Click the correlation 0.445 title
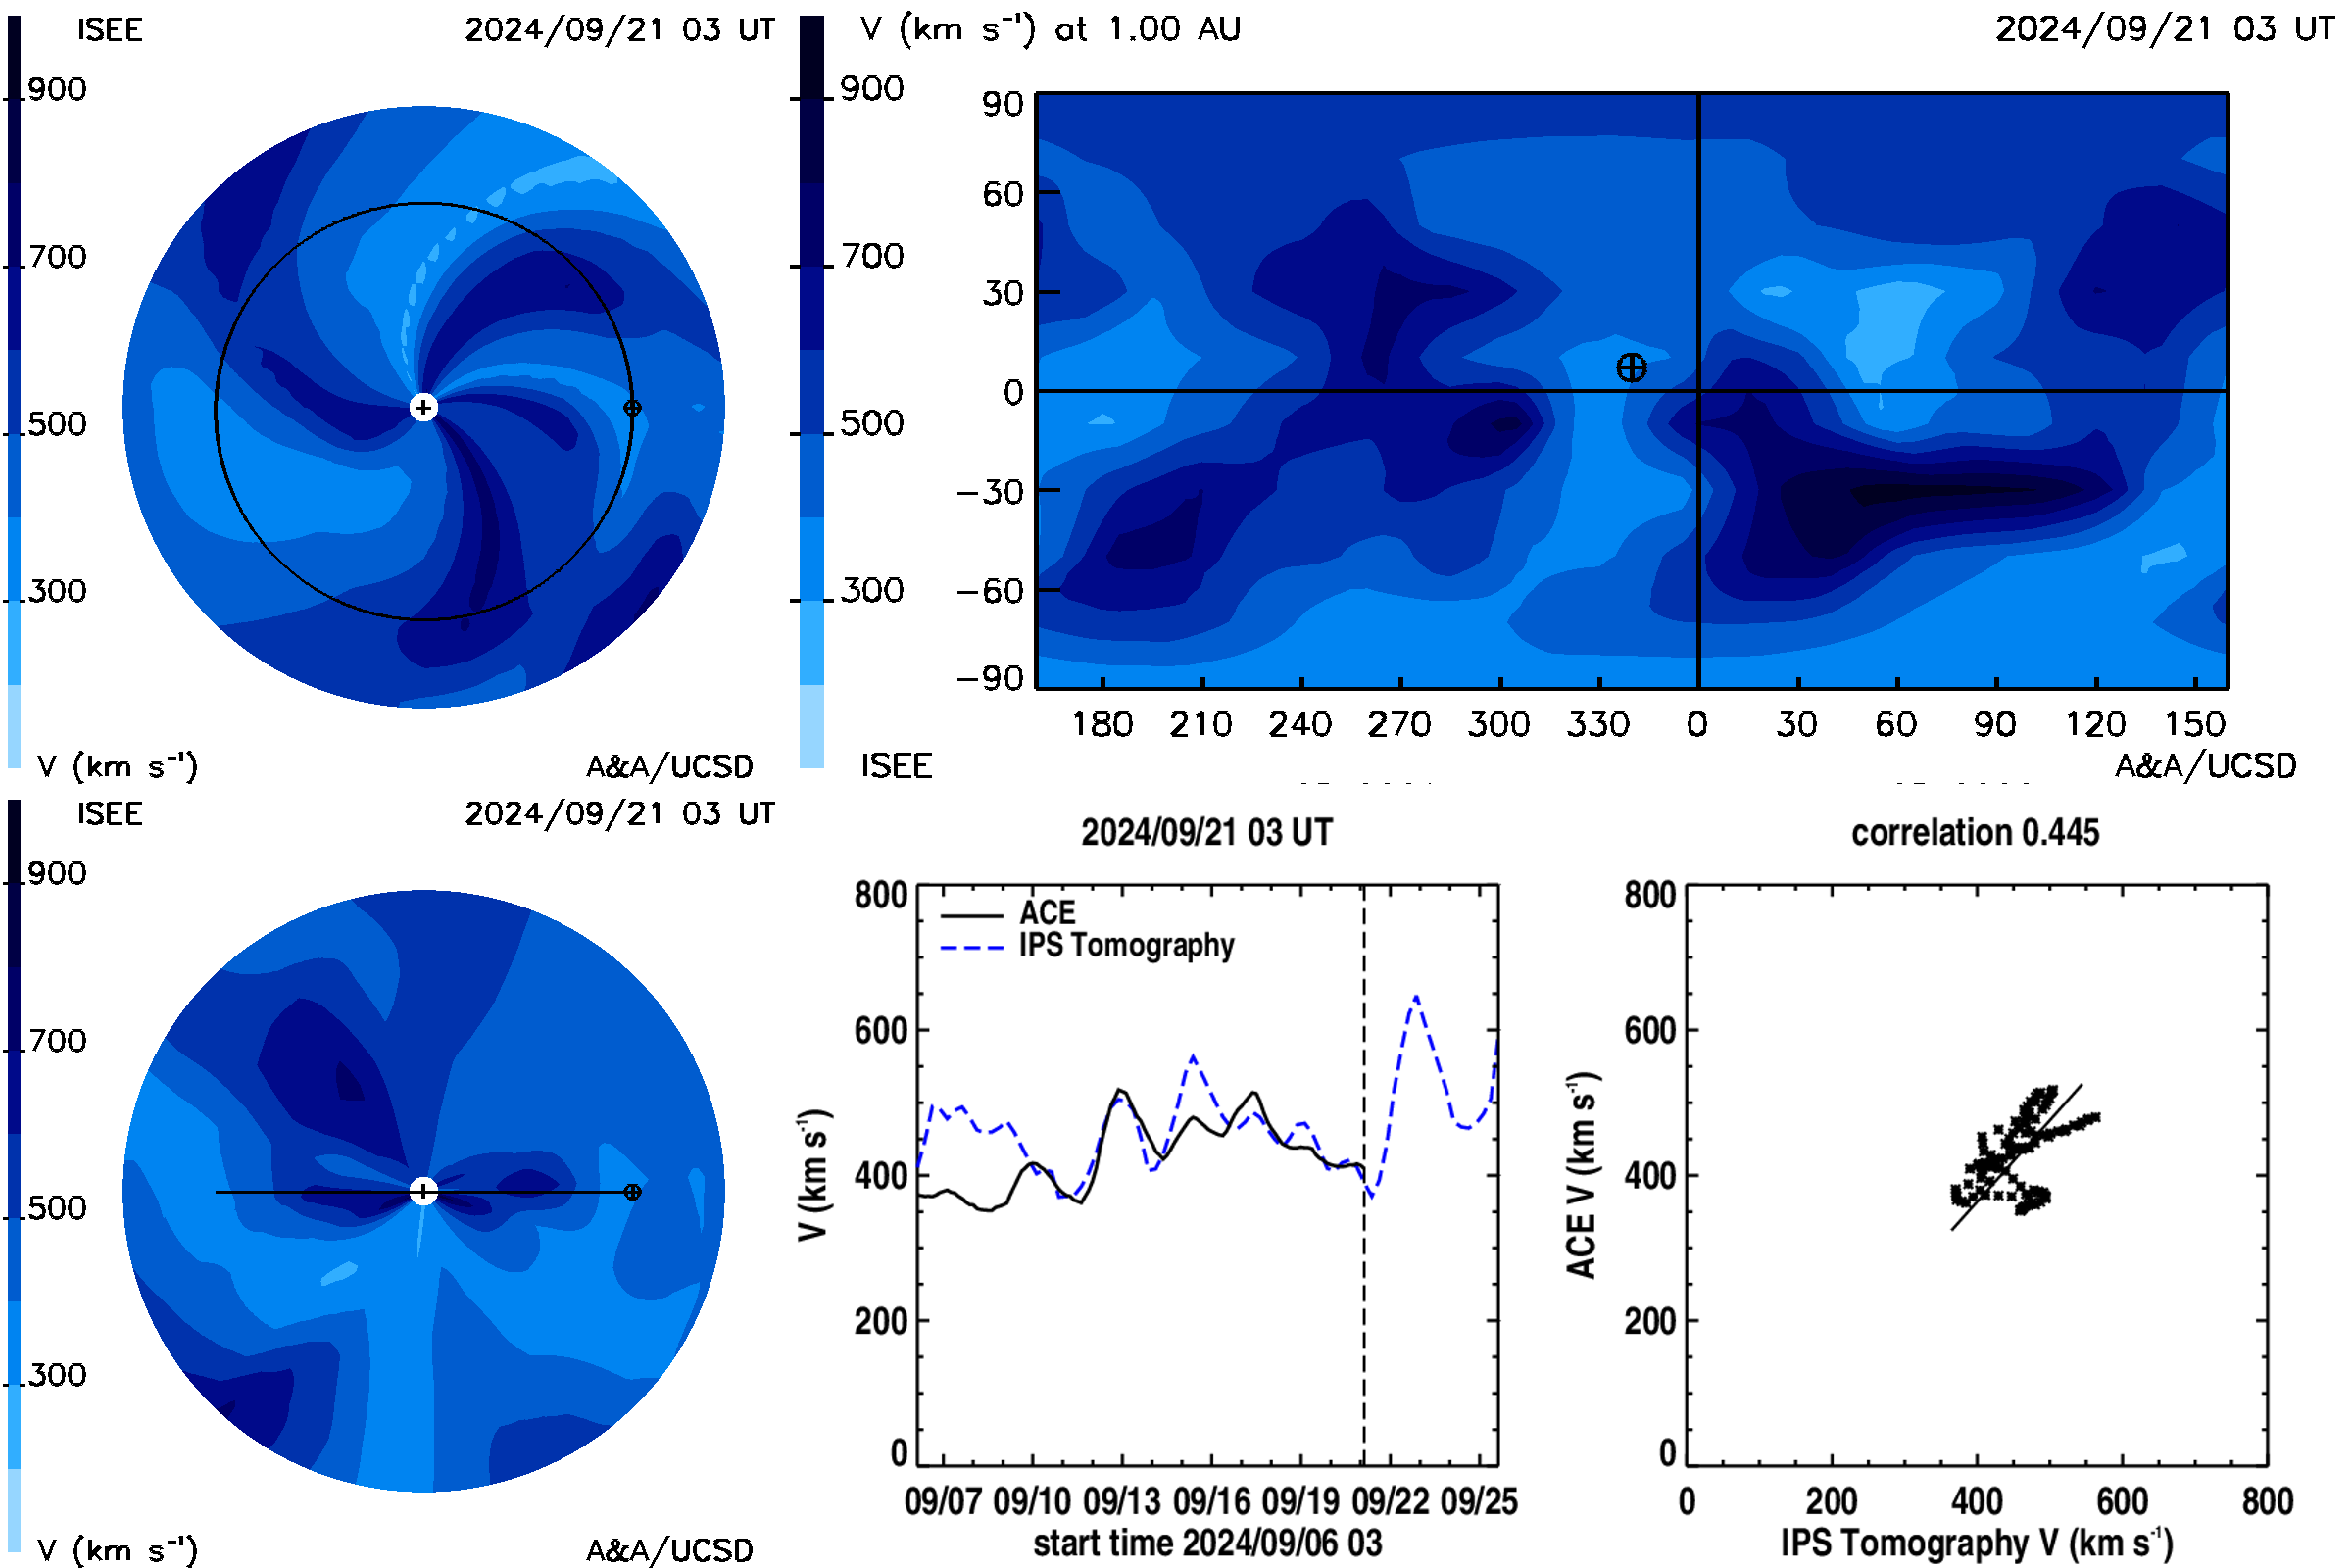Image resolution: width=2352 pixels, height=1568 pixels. pyautogui.click(x=1975, y=833)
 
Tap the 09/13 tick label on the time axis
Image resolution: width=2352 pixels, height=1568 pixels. pyautogui.click(x=1122, y=1501)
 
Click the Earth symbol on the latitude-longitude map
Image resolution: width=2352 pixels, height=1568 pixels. pyautogui.click(x=1631, y=368)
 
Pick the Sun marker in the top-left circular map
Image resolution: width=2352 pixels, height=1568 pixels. pyautogui.click(x=424, y=408)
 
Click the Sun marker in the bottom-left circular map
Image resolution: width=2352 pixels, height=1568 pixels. pyautogui.click(x=424, y=1191)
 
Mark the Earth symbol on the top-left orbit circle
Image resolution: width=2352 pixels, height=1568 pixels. pyautogui.click(x=632, y=408)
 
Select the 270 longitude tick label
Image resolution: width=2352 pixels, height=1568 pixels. pyautogui.click(x=1399, y=724)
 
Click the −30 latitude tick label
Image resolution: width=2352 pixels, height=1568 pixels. pyautogui.click(x=990, y=492)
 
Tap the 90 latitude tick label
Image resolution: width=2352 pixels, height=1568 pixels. pyautogui.click(x=1003, y=104)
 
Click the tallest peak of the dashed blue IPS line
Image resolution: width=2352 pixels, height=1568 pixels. pyautogui.click(x=1416, y=997)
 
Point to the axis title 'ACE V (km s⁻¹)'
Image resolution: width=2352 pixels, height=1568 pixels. pyautogui.click(x=1581, y=1175)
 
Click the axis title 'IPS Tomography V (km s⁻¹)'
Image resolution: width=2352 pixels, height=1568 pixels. pyautogui.click(x=1977, y=1543)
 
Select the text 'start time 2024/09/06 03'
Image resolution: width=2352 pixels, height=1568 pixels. pyautogui.click(x=1208, y=1543)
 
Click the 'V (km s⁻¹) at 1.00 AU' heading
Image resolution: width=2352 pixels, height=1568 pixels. pyautogui.click(x=1051, y=29)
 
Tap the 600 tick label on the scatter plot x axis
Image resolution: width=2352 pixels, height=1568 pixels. pyautogui.click(x=2122, y=1501)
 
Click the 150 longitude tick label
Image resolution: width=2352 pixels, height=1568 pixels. pyautogui.click(x=2195, y=724)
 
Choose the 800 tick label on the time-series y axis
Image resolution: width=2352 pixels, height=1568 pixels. pyautogui.click(x=881, y=894)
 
